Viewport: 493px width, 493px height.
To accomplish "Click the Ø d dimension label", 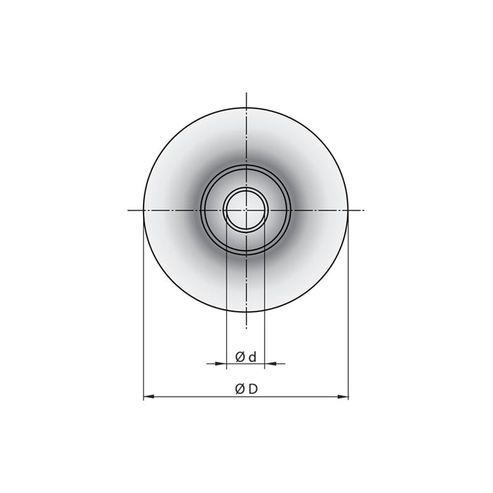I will tap(246, 357).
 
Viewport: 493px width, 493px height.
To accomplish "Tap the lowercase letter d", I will tap(251, 357).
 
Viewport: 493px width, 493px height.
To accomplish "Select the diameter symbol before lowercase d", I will tap(240, 358).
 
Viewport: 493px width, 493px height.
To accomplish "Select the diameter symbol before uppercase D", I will tap(239, 389).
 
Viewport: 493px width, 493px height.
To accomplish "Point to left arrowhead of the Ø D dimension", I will tap(147, 398).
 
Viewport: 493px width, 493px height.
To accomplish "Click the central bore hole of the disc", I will tap(246, 210).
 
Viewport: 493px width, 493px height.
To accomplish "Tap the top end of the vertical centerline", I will tap(246, 93).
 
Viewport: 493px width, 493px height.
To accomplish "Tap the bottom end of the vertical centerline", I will tap(246, 327).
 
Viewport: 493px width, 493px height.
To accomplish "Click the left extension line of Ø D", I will tap(144, 317).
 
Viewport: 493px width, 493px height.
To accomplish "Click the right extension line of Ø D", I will tap(348, 317).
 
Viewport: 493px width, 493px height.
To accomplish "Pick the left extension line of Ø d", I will tap(226, 296).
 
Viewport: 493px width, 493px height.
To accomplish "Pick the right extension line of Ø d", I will tap(266, 296).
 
